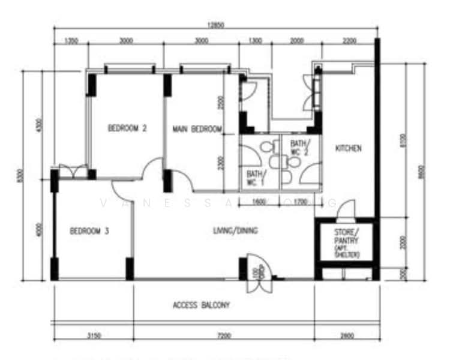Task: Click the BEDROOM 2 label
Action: (127, 128)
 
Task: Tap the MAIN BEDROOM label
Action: (197, 129)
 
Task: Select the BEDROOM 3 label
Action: (89, 231)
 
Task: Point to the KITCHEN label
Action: (348, 148)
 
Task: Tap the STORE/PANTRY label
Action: (347, 236)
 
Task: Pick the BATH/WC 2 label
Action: (299, 148)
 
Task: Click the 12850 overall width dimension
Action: (215, 25)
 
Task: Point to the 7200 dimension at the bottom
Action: (224, 335)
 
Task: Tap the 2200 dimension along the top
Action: (349, 41)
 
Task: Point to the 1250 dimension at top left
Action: (71, 41)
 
